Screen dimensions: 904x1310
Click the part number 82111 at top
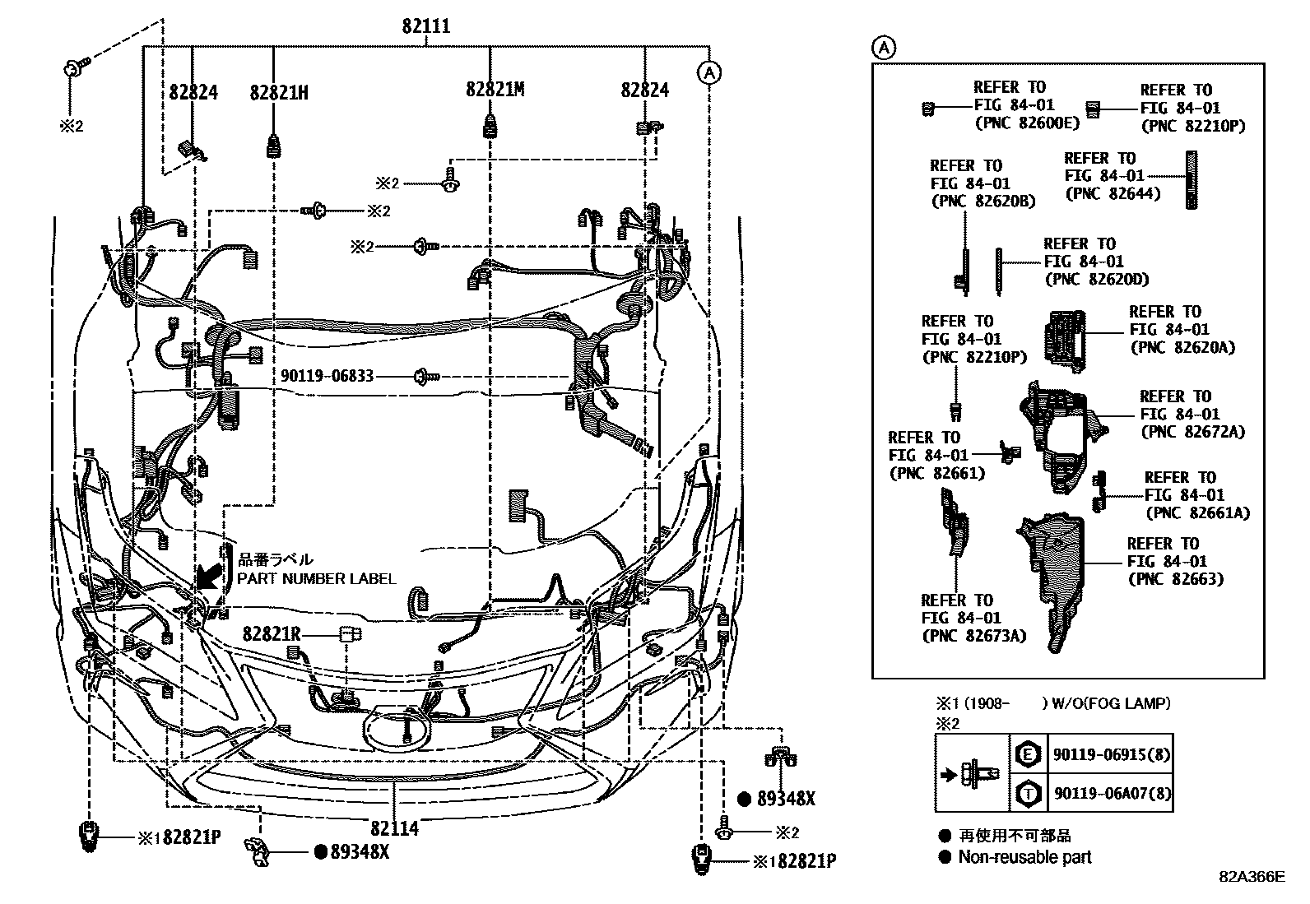[425, 26]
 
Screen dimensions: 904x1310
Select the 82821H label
[279, 91]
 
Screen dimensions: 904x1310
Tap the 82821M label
[495, 90]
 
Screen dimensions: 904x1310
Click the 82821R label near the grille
[272, 634]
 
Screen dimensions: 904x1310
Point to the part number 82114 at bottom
[394, 828]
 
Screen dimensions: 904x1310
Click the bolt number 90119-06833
[327, 376]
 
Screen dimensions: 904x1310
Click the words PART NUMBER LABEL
[317, 578]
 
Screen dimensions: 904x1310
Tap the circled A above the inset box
[882, 48]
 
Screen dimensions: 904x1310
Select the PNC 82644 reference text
[1113, 193]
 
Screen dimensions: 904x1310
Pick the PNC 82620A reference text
[1182, 347]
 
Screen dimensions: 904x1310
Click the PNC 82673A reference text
[974, 635]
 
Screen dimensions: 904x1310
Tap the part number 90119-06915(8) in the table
[1111, 754]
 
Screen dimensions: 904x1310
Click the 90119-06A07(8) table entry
[1111, 794]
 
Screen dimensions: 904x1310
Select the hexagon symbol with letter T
[1028, 794]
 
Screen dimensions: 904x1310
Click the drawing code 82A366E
[1252, 877]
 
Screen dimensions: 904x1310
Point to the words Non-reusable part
[1024, 857]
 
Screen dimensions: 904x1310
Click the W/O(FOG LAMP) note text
[1111, 703]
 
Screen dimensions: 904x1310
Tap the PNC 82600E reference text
[1026, 123]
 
